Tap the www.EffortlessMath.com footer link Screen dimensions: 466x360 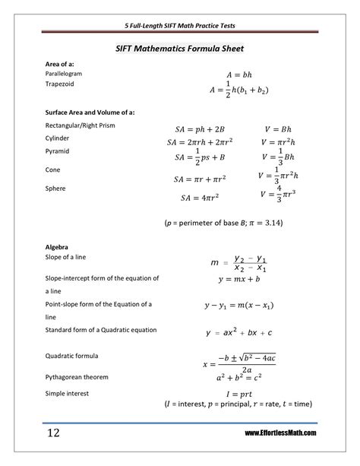281,433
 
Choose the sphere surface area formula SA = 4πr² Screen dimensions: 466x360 201,198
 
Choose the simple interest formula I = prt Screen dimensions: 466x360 238,394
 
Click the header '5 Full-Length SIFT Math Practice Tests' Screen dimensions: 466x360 179,25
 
